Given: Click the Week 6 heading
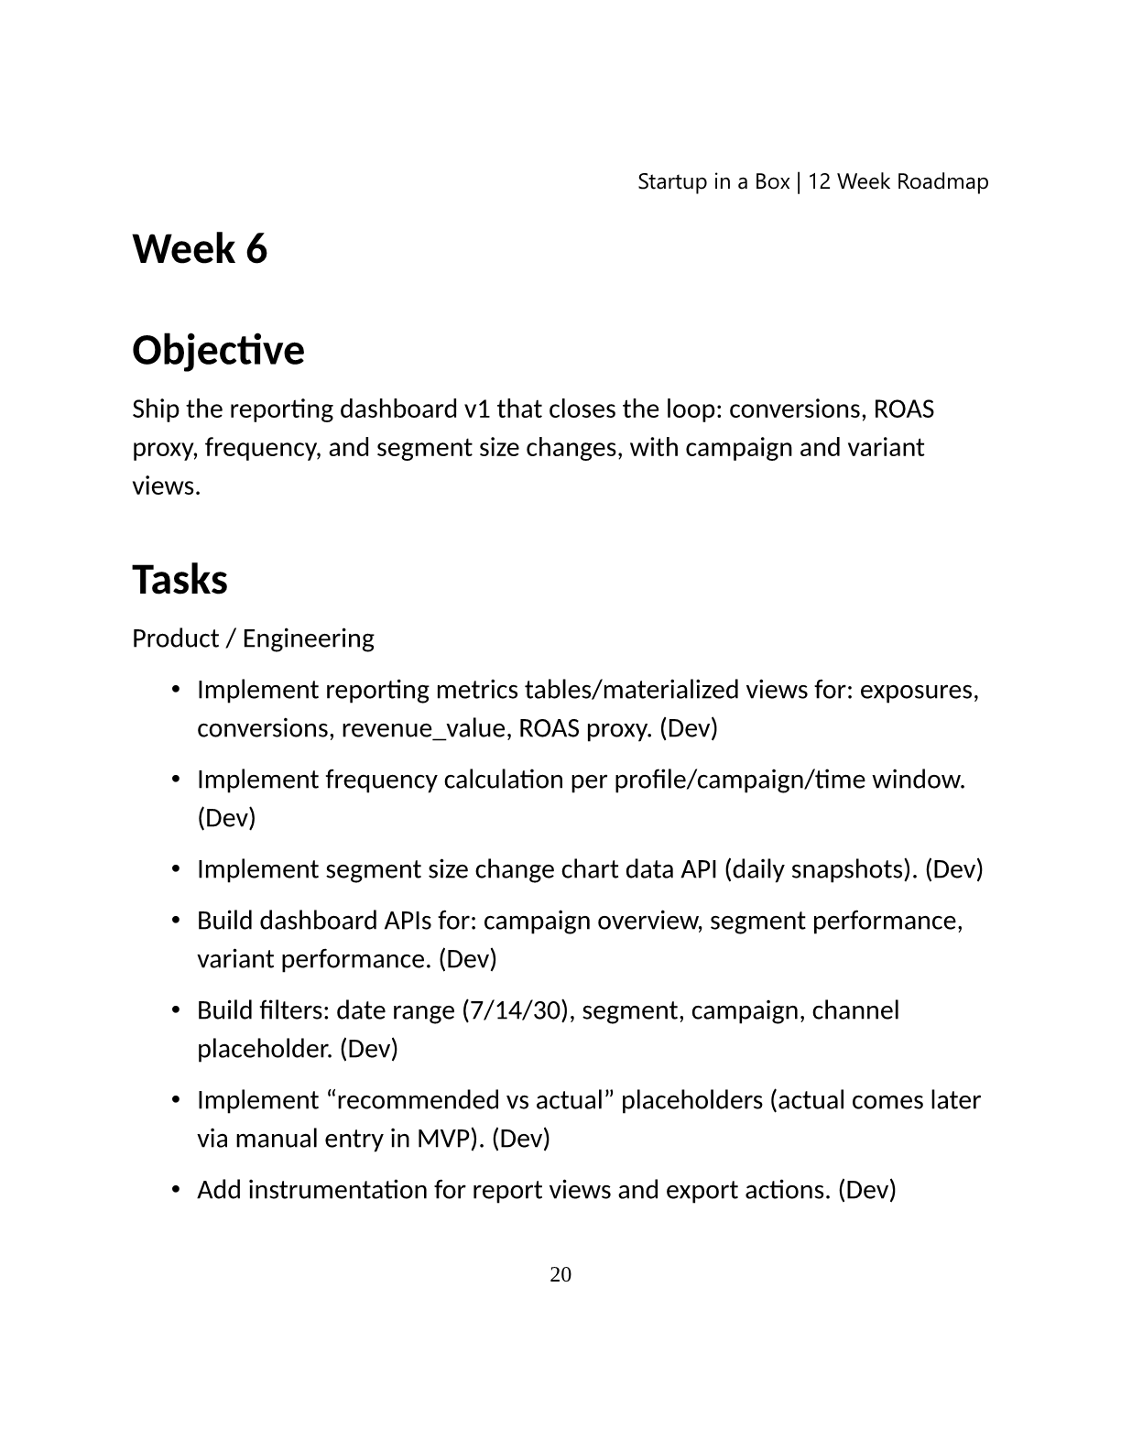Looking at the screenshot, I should coord(200,249).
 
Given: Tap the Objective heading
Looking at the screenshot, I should coord(218,350).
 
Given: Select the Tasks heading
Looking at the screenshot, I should coord(180,580).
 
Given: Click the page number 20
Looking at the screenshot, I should coord(560,1274).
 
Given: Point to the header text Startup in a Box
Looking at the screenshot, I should coord(713,181).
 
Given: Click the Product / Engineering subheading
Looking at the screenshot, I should coord(253,638).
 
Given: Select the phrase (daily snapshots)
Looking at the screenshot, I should coord(821,869).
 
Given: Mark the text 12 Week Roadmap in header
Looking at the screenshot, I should coord(898,181).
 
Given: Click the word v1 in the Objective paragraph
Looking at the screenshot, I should coord(477,409).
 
